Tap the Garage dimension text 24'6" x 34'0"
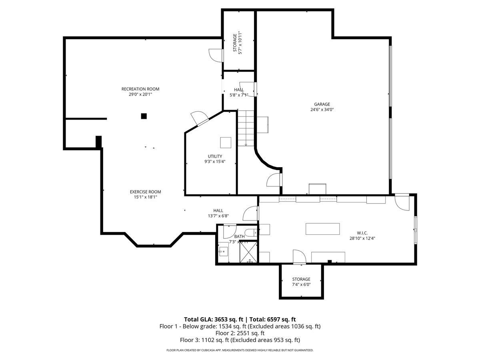coord(322,110)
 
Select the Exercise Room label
coord(145,192)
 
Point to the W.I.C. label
coord(362,232)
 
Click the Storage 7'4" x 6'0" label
coord(301,279)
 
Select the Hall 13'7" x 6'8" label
coord(218,210)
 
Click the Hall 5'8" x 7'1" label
coord(239,90)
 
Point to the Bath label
coord(239,236)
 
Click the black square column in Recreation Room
coord(144,116)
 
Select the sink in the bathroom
coord(223,252)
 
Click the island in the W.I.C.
coord(322,229)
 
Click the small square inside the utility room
coord(225,143)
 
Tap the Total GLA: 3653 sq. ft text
coord(214,319)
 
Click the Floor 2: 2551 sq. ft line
coord(240,333)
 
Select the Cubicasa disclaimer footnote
coord(240,350)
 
